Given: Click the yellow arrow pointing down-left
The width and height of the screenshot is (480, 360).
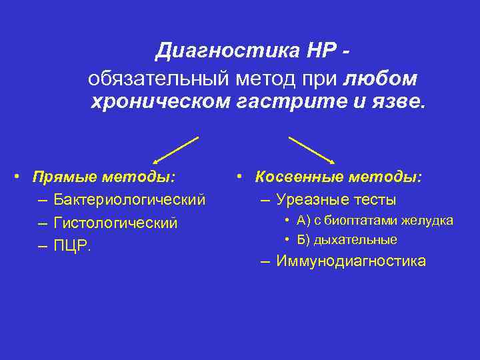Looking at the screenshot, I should pyautogui.click(x=176, y=149).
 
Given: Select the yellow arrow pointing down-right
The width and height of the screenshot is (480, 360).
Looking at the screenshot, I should pyautogui.click(x=311, y=149).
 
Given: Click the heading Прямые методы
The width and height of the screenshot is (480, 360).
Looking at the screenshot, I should pyautogui.click(x=105, y=177).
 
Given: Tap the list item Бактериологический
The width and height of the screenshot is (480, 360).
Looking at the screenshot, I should pyautogui.click(x=130, y=200).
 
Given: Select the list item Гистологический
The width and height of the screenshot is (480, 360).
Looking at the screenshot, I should pyautogui.click(x=116, y=223).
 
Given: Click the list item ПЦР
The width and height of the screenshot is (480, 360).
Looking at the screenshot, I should pyautogui.click(x=73, y=245).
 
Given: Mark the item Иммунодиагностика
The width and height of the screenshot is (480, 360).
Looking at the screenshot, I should pyautogui.click(x=351, y=261).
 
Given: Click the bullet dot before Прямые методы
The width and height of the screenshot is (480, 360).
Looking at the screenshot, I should pyautogui.click(x=23, y=177).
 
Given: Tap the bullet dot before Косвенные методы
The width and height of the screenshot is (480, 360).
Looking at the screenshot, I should pyautogui.click(x=244, y=177).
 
